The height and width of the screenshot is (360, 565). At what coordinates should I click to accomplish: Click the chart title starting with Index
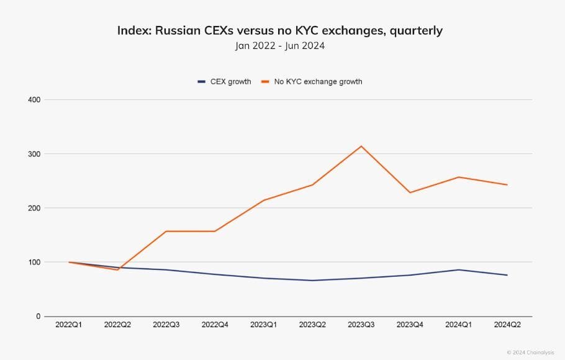click(280, 30)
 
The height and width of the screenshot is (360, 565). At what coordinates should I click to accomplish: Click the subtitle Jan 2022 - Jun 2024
click(280, 45)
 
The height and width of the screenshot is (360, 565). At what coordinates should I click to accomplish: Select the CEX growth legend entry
click(224, 81)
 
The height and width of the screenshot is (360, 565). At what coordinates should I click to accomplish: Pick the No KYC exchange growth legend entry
click(311, 81)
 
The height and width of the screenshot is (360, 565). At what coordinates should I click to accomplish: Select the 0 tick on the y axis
click(38, 317)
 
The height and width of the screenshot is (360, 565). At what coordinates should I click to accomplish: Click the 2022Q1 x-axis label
click(70, 325)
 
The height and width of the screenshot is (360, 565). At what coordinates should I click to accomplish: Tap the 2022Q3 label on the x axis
click(167, 325)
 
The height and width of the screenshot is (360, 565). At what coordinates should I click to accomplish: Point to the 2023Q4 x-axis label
click(410, 325)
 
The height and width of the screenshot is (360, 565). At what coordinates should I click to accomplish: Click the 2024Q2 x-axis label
click(507, 325)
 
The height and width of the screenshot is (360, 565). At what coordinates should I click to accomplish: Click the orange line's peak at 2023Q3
click(361, 146)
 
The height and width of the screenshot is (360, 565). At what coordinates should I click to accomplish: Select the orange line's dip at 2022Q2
click(118, 269)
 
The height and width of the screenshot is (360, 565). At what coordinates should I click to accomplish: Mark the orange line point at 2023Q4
click(410, 192)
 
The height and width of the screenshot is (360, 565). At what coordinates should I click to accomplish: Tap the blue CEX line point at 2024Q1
click(459, 269)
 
